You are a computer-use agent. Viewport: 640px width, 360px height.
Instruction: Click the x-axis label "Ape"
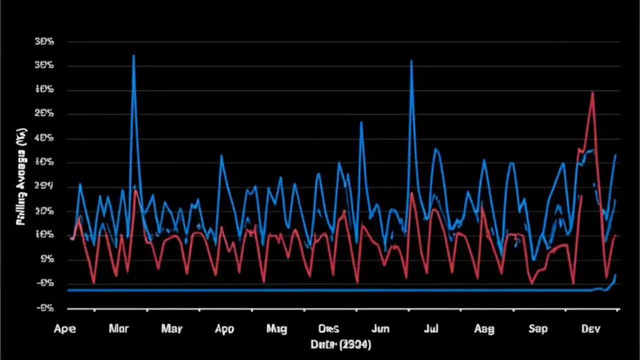65,329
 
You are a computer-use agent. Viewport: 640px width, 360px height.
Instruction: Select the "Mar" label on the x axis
118,329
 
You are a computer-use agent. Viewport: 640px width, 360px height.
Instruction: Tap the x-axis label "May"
171,329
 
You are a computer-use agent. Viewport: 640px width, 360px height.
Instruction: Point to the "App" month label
224,329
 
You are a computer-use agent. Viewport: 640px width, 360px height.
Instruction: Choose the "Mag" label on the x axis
276,329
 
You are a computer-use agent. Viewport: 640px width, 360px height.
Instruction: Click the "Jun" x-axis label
380,329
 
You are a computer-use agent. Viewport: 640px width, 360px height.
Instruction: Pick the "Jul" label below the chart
431,329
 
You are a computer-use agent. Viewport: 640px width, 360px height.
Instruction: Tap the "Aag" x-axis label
483,329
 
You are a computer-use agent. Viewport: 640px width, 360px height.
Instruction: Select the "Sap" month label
538,329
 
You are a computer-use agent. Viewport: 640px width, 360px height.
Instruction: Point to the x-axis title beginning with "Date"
340,344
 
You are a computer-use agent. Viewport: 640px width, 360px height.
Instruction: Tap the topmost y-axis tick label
44,42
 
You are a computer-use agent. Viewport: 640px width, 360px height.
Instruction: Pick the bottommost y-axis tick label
44,308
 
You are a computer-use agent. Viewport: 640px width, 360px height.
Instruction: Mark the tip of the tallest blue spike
133,55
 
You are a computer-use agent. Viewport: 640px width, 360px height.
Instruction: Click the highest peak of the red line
592,92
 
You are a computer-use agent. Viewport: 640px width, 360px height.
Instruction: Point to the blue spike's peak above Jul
411,61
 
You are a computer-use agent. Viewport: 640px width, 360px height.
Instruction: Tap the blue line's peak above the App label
221,155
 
